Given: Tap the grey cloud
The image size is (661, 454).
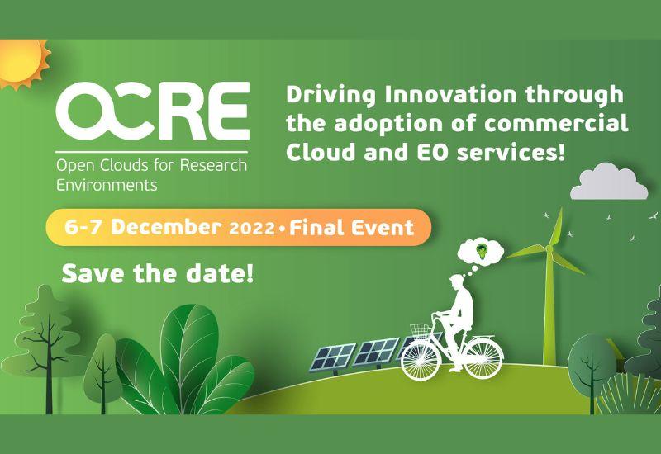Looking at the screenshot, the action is tap(609, 182).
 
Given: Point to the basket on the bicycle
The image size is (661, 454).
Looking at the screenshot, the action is tap(420, 329).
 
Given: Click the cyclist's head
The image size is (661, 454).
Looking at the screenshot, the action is tap(457, 281).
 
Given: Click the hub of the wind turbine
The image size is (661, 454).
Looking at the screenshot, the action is tap(549, 249).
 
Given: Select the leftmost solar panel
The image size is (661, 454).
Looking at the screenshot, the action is tap(333, 357).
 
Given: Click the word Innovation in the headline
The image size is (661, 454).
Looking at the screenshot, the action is tap(450, 95).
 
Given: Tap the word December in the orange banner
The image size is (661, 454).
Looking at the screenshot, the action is tap(166, 228).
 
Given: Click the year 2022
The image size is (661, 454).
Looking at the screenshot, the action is tap(252, 229).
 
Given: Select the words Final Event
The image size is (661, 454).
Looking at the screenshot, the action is tap(352, 228).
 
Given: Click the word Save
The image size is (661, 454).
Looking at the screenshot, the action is tap(93, 273).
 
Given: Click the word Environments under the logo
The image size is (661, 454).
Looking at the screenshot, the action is tap(107, 185).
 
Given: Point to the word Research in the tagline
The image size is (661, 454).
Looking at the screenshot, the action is tap(213, 165).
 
